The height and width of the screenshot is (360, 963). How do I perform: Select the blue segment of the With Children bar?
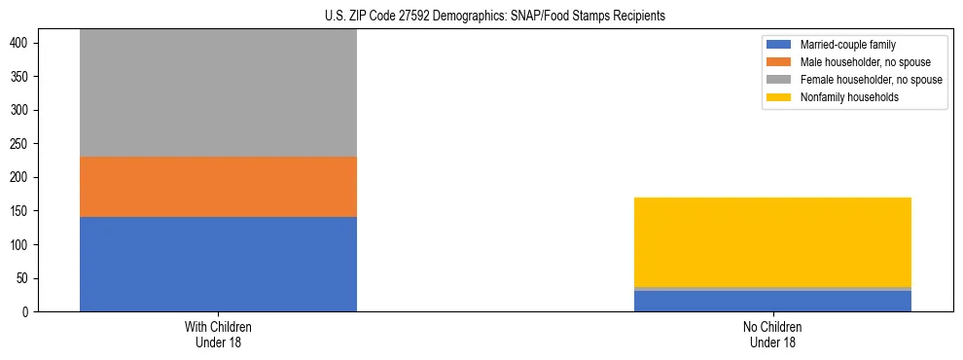218,264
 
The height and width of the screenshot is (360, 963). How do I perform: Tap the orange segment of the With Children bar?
218,187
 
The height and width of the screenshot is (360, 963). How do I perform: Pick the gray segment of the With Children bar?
218,93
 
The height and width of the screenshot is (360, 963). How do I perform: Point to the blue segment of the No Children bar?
772,302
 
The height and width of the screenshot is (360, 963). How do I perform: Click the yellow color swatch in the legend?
780,97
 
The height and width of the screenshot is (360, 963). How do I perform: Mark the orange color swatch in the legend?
780,62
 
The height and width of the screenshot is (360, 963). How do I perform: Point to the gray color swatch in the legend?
780,80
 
